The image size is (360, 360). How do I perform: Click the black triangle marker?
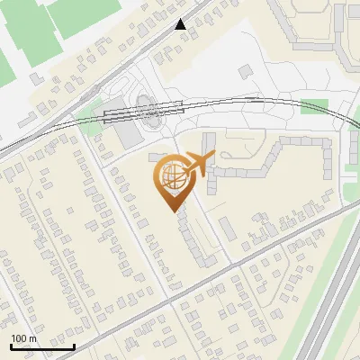[181, 24]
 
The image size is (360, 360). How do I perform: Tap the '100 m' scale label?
[23, 338]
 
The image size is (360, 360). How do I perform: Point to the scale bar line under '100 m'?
[42, 346]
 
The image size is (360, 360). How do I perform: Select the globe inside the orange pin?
[171, 176]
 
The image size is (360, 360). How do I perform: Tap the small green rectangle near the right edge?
[313, 106]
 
